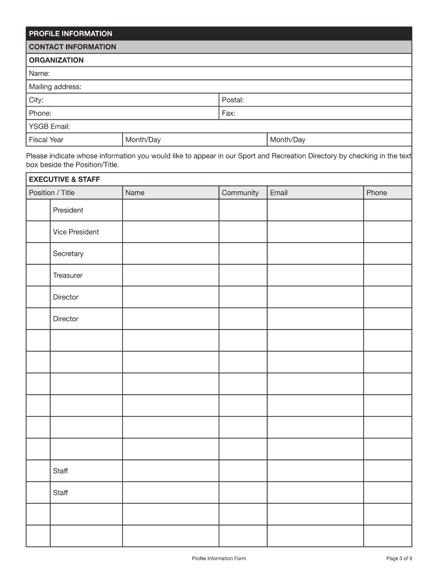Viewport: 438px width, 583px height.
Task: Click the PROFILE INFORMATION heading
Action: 71,34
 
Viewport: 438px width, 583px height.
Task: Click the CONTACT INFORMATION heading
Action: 72,47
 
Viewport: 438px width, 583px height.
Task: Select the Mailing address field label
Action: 55,87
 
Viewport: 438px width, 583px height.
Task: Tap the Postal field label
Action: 233,100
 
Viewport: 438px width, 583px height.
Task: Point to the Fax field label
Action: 229,113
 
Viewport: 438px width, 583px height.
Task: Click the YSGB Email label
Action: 49,126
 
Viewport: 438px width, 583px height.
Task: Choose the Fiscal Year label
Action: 46,139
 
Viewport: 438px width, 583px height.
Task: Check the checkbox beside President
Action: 38,210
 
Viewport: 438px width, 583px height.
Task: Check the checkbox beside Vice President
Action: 38,232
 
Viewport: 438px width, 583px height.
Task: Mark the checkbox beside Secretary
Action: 38,253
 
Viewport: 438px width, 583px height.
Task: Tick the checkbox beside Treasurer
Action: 38,275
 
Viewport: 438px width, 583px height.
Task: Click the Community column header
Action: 240,192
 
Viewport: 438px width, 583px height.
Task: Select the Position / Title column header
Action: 52,192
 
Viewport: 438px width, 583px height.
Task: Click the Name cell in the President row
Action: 170,210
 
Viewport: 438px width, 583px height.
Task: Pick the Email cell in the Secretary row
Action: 315,253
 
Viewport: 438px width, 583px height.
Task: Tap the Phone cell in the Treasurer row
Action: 387,275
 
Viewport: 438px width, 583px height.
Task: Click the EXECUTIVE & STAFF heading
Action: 64,179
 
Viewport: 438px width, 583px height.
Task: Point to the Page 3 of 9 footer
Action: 399,559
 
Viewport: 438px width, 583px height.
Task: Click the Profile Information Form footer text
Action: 219,559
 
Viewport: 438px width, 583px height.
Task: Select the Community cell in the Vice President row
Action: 242,232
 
